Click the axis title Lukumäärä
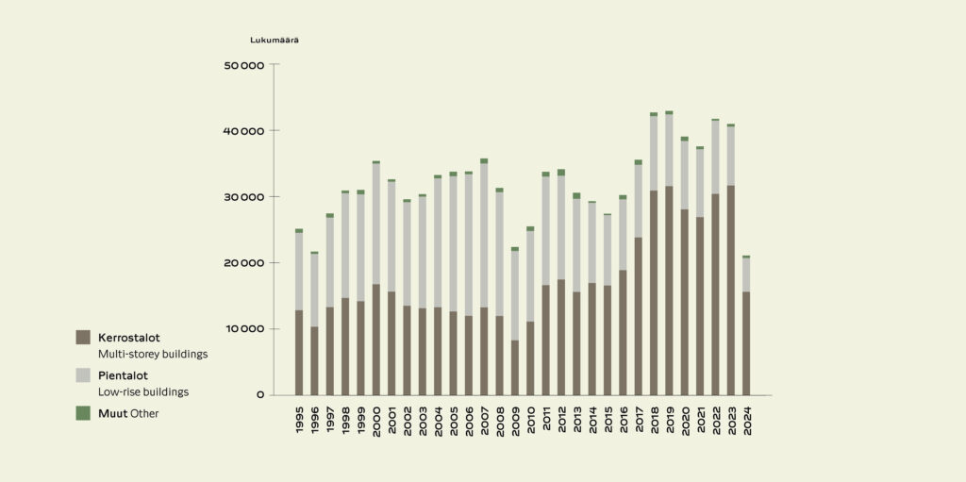click(275, 40)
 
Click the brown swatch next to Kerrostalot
click(83, 337)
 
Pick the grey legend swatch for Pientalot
click(83, 375)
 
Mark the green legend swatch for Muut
click(83, 413)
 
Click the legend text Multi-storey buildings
click(153, 355)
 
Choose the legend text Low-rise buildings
click(143, 391)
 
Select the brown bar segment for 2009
click(515, 368)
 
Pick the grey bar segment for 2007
click(484, 236)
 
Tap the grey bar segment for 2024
click(746, 274)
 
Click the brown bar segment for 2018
click(654, 293)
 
